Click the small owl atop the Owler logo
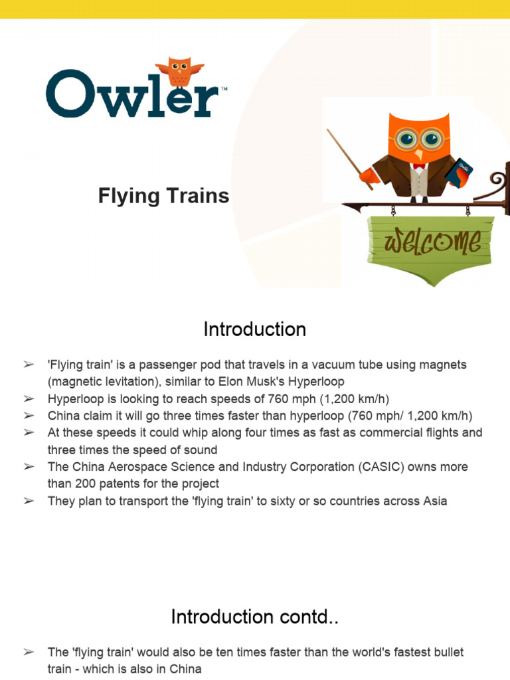click(x=179, y=72)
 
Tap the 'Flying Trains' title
click(x=163, y=196)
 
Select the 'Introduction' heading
click(x=255, y=329)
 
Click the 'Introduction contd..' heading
click(x=255, y=617)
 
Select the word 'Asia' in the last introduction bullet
click(x=435, y=501)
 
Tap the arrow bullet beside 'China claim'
click(x=29, y=416)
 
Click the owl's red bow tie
click(x=418, y=164)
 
